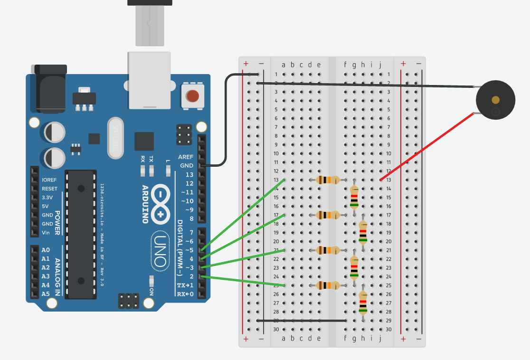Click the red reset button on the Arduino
coord(192,96)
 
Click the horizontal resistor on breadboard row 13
coord(327,180)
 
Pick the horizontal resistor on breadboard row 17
coord(327,215)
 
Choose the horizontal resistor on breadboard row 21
coord(327,250)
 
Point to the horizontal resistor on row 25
coord(327,285)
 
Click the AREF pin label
coord(185,157)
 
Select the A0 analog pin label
coord(46,250)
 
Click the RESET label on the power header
coord(49,189)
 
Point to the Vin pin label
coord(46,232)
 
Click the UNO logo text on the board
coord(160,251)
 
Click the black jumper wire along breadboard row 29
coord(301,321)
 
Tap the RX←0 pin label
coord(185,294)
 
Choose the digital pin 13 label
coord(189,175)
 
